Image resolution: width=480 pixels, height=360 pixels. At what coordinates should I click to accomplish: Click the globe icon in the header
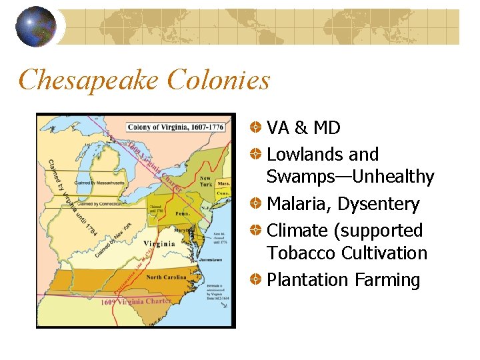[35, 27]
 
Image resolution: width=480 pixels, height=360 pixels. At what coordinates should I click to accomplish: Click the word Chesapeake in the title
[89, 81]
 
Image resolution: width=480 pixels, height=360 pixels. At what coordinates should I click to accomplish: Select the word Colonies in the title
[219, 81]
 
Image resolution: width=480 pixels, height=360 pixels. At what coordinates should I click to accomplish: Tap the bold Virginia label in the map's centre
[159, 243]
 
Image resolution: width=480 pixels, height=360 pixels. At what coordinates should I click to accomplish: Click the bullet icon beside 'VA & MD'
[256, 127]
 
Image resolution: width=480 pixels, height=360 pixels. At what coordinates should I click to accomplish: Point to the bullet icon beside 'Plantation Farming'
[256, 280]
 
